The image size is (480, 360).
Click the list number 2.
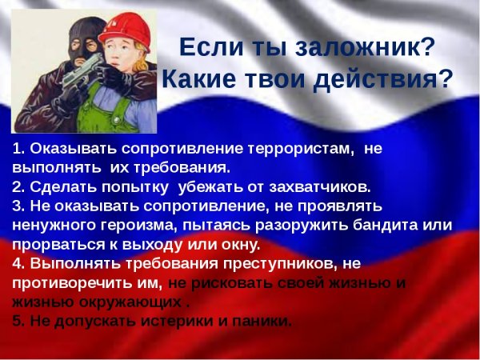click(x=18, y=187)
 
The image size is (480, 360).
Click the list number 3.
click(x=18, y=206)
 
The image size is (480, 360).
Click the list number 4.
click(x=18, y=263)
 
